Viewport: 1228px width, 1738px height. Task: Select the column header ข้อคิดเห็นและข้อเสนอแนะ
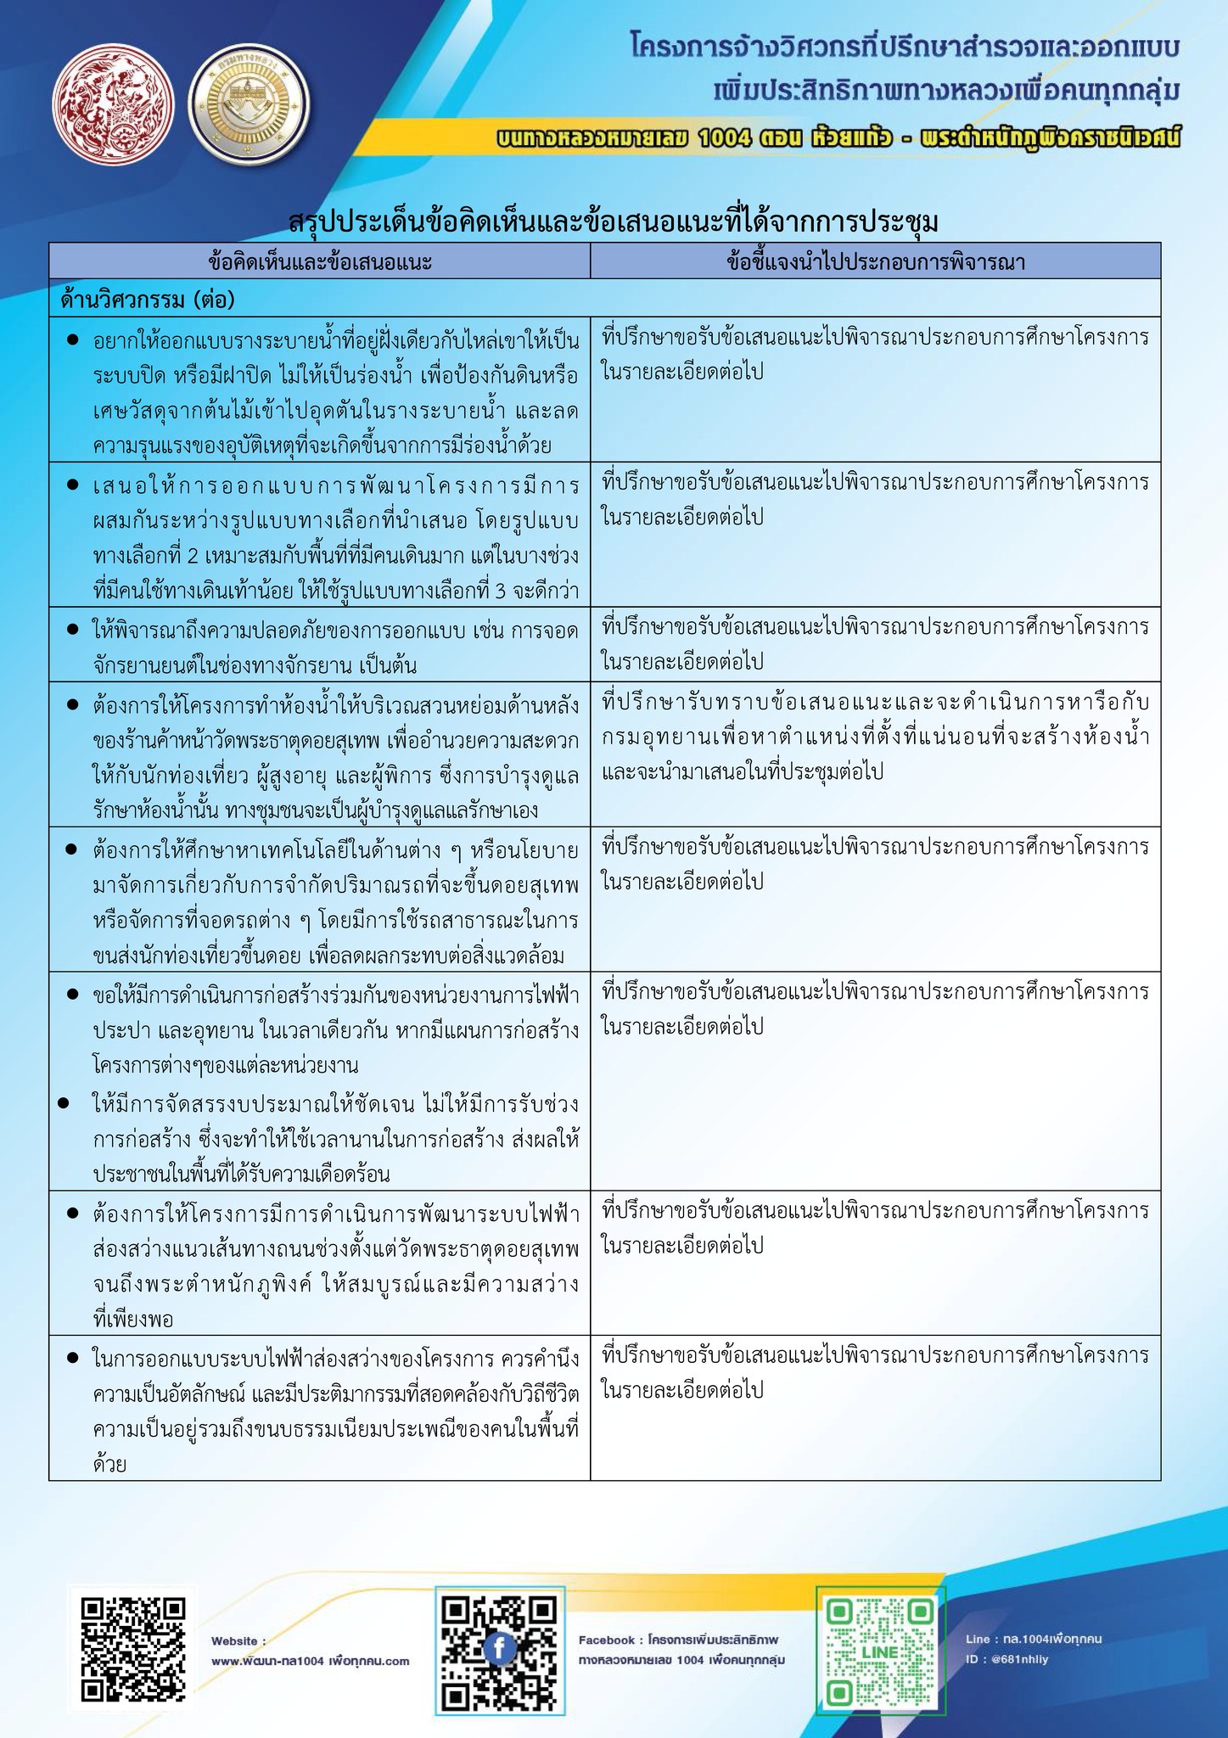point(320,261)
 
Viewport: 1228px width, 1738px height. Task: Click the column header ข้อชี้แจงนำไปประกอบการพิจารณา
point(875,261)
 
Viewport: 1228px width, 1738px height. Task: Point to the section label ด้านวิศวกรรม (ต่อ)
point(147,300)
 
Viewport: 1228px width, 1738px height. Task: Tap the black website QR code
point(133,1650)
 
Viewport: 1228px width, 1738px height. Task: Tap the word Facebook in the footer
point(607,1640)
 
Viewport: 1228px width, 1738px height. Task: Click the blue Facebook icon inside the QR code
point(500,1649)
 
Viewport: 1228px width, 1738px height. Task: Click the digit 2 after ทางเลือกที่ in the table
point(192,556)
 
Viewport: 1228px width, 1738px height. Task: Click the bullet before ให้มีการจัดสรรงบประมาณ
point(63,1103)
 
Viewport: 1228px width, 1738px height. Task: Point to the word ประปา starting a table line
point(121,1030)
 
